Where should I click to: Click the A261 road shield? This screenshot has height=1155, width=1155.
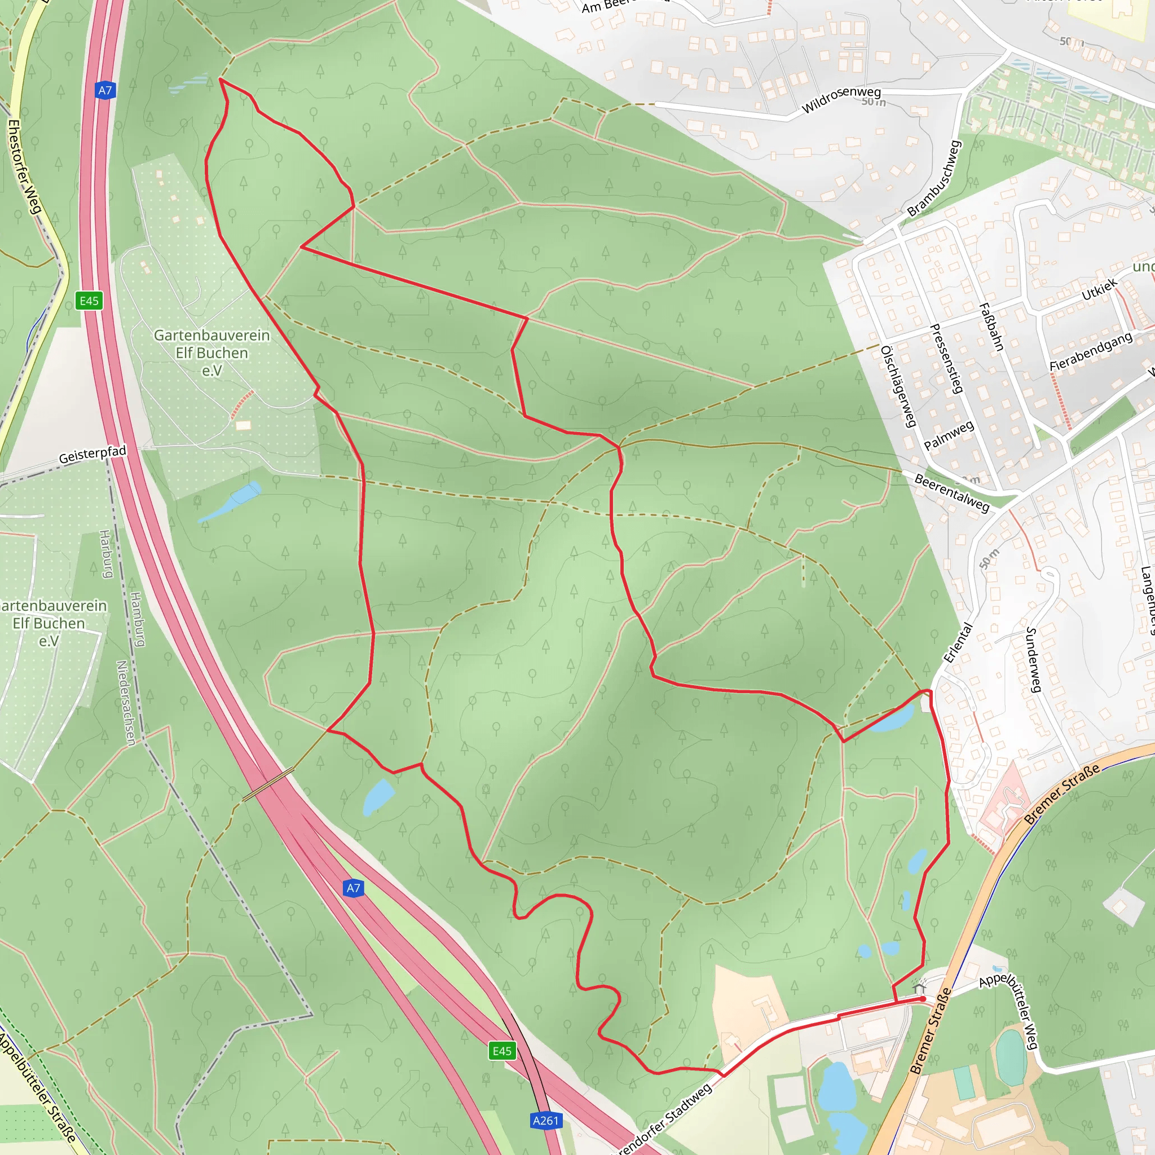545,1121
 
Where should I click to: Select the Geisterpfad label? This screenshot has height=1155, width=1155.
92,455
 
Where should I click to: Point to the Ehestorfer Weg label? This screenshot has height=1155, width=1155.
24,166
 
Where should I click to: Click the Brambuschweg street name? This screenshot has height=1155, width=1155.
933,179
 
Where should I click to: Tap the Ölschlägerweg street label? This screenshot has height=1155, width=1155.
898,386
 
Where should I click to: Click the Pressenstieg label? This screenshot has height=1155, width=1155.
946,358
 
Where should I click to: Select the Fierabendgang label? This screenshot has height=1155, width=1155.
1091,351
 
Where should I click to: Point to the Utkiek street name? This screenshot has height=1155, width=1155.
1099,290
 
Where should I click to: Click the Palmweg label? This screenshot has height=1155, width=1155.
949,435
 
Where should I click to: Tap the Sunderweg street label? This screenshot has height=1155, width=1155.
1034,659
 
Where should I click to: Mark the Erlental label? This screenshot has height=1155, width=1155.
958,643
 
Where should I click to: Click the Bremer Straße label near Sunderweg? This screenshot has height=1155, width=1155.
1062,795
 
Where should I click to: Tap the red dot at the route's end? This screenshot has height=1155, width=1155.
923,998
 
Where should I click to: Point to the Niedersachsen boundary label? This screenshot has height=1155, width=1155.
126,703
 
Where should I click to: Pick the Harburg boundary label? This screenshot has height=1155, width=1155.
106,554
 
